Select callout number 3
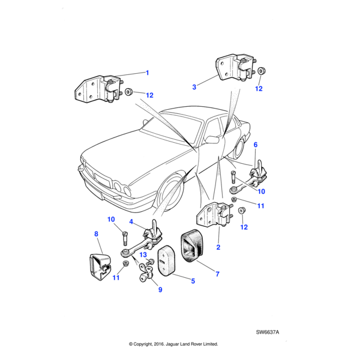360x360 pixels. pyautogui.click(x=194, y=87)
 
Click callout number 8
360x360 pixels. pyautogui.click(x=95, y=233)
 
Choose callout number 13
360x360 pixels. pyautogui.click(x=143, y=254)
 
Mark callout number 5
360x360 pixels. pyautogui.click(x=193, y=280)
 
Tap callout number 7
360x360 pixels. pyautogui.click(x=217, y=274)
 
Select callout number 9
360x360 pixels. pyautogui.click(x=160, y=290)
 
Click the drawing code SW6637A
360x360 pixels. pyautogui.click(x=268, y=331)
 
